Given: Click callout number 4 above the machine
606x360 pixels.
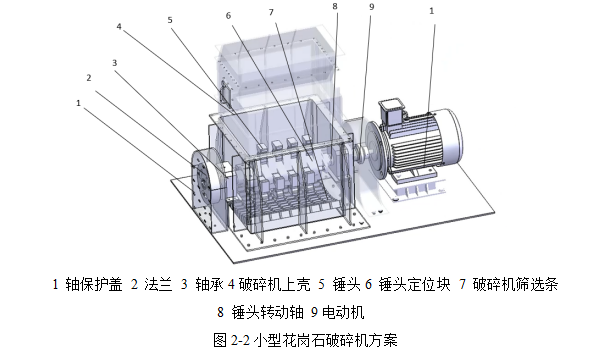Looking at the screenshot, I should [119, 29].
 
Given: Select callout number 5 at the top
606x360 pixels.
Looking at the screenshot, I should [169, 19].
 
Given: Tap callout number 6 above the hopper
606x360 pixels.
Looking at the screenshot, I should [228, 16].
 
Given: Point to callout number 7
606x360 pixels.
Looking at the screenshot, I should [271, 11].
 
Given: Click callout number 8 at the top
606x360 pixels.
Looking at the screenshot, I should [335, 6].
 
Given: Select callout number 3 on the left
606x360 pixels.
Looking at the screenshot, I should [115, 62].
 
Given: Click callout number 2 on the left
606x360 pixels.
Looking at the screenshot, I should [89, 77].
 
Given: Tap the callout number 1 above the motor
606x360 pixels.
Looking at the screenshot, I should [431, 11].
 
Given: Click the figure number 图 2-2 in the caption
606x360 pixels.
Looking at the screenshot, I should [229, 337].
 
